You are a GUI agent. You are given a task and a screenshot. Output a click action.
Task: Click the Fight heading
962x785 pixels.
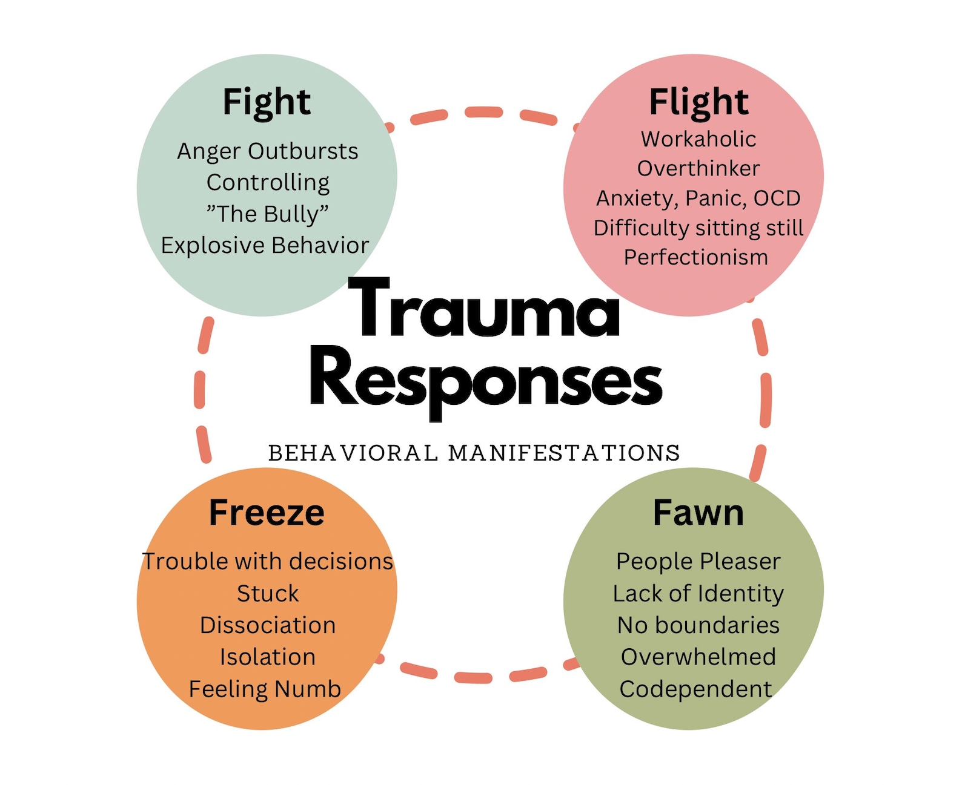[267, 102]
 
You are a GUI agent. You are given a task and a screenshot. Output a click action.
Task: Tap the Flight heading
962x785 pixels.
[698, 102]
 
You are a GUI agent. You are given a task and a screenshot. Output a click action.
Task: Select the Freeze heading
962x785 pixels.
[267, 513]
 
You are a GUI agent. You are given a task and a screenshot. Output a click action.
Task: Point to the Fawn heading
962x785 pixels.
[698, 513]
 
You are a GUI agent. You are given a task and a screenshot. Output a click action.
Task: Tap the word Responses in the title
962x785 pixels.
[486, 380]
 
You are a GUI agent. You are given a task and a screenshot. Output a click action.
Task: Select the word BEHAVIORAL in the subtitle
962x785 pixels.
[353, 453]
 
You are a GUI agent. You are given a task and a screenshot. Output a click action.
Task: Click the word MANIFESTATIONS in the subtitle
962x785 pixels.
[564, 453]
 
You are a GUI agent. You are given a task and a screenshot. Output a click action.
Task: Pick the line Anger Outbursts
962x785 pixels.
[267, 151]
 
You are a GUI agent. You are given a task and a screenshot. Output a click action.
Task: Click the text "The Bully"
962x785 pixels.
[267, 214]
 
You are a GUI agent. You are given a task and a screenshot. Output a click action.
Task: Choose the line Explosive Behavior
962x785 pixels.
[265, 246]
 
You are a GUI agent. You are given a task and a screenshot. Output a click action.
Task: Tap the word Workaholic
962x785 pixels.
[698, 139]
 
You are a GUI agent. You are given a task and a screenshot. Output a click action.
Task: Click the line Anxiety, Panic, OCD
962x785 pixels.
[698, 199]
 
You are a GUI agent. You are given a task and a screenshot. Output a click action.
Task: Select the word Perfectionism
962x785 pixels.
[696, 257]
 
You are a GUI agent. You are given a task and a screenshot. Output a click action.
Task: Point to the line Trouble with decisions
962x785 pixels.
[267, 562]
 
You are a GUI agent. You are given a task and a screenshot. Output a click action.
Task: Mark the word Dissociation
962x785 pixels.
[267, 625]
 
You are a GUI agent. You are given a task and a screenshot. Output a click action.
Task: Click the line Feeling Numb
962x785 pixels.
[265, 689]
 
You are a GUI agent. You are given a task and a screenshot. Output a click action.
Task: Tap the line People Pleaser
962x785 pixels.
[698, 562]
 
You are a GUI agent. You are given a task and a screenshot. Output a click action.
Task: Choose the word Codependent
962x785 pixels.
[695, 689]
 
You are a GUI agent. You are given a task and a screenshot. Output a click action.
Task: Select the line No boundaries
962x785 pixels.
[698, 625]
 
